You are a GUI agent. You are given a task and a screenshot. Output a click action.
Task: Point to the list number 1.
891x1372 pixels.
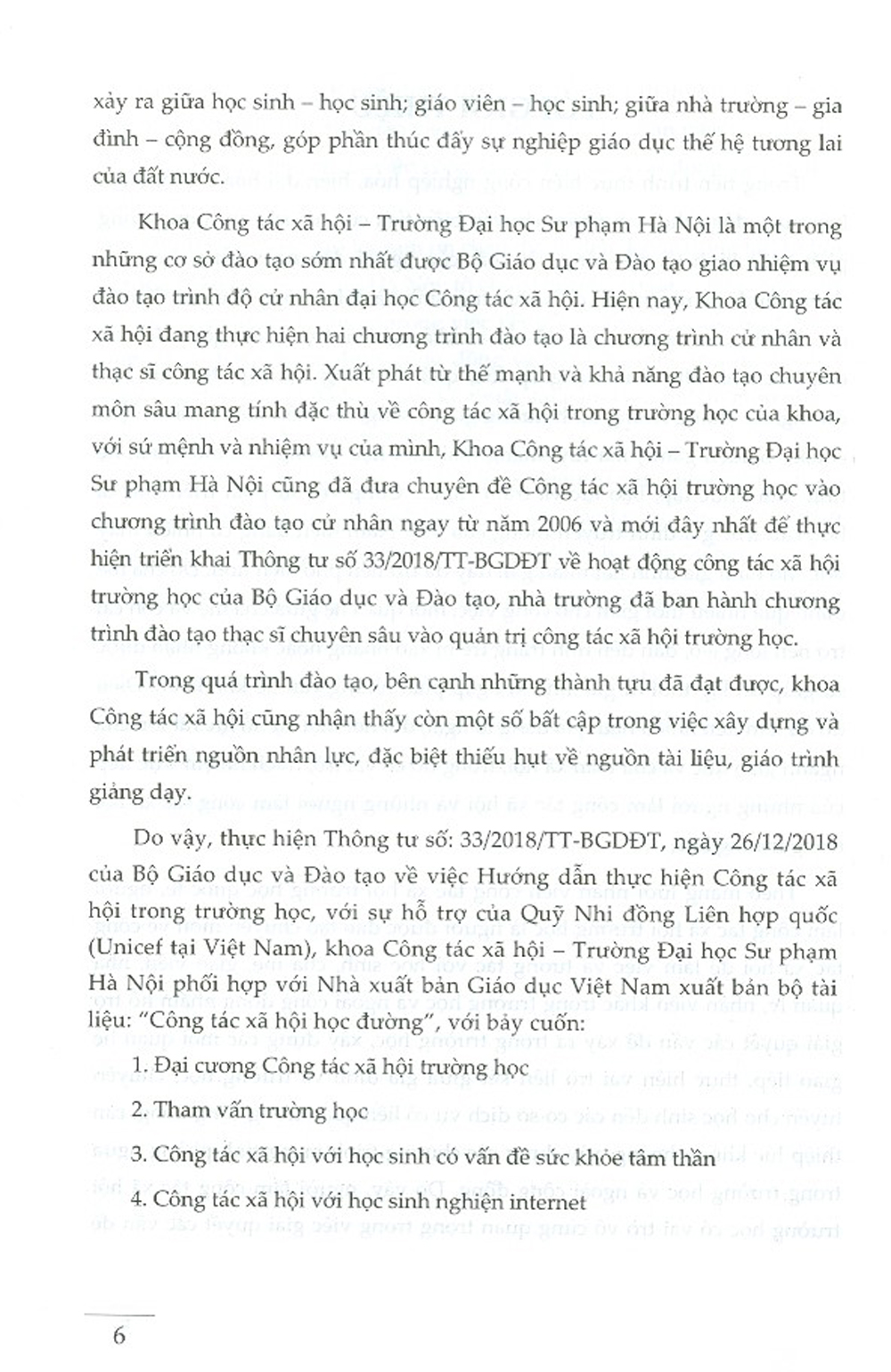click(136, 1066)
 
